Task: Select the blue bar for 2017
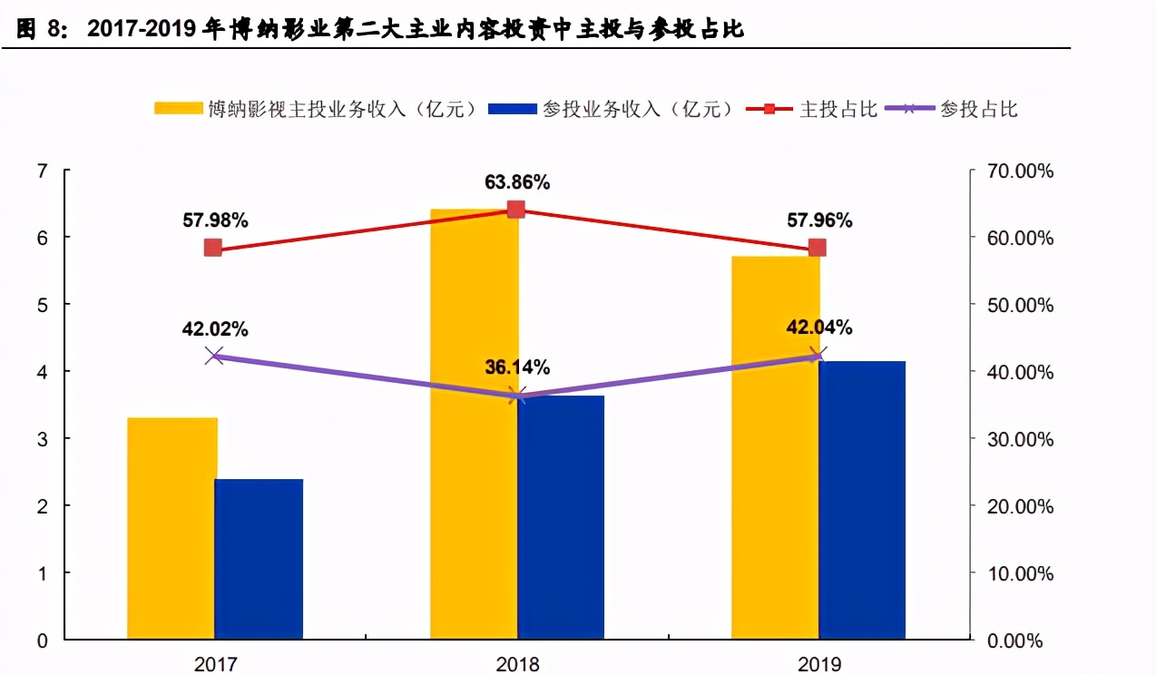(259, 559)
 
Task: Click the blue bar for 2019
(862, 500)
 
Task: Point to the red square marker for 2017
(213, 248)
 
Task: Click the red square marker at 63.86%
(516, 210)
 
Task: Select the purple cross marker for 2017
(214, 356)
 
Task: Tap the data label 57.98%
(215, 220)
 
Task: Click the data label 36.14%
(517, 367)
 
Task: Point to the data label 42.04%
(819, 328)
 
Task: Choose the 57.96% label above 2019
(819, 220)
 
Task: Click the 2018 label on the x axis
(517, 664)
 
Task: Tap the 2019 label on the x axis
(819, 664)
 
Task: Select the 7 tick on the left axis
(42, 171)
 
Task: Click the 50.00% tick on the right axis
(1020, 305)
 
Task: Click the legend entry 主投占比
(838, 109)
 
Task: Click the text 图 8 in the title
(42, 29)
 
